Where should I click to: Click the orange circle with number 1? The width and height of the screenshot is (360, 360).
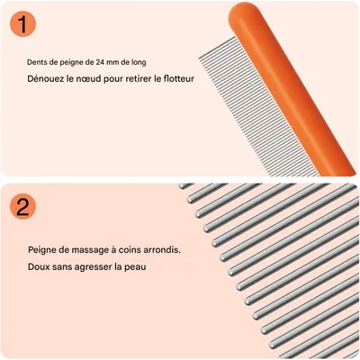pyautogui.click(x=21, y=24)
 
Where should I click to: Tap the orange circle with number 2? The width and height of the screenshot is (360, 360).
pyautogui.click(x=21, y=206)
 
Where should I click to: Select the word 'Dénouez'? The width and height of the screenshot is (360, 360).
pyautogui.click(x=46, y=78)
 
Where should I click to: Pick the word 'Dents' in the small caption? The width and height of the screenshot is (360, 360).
pyautogui.click(x=37, y=62)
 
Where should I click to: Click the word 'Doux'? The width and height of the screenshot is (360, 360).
pyautogui.click(x=39, y=267)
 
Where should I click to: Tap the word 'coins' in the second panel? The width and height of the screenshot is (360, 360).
pyautogui.click(x=129, y=249)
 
